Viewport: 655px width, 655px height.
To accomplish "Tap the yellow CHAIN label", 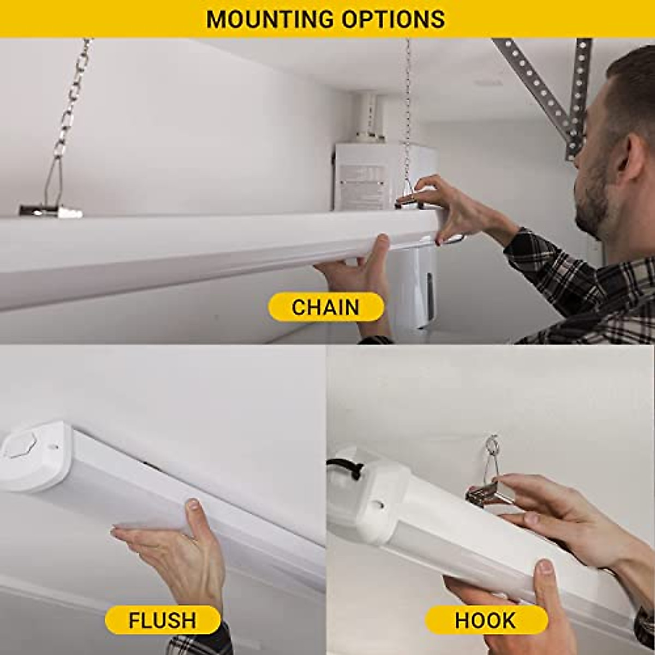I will point(325,307).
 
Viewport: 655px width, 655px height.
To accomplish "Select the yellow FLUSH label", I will point(162,620).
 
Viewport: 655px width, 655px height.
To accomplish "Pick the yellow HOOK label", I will point(485,620).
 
